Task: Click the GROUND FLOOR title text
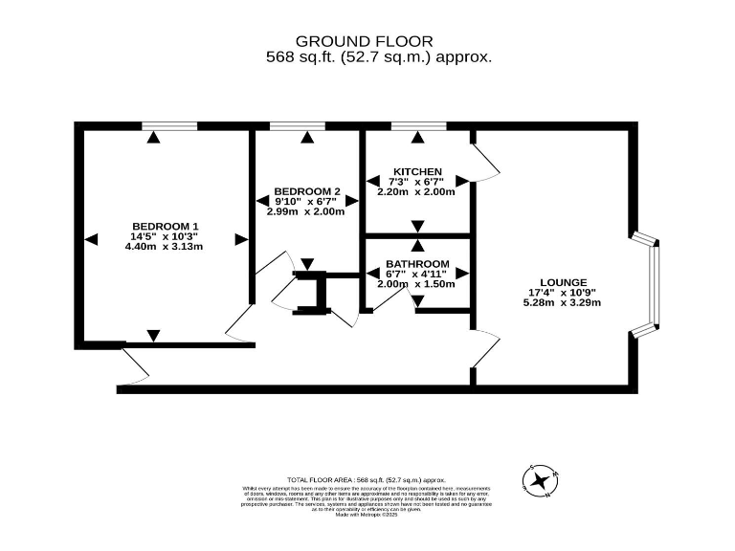tap(364, 41)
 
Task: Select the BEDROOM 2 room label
tap(306, 190)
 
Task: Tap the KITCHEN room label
tap(417, 171)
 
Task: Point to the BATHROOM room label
tap(417, 263)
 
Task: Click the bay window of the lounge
tap(652, 286)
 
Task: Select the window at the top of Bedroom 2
tap(296, 125)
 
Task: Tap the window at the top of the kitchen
tap(417, 125)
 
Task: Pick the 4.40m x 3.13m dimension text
tap(165, 247)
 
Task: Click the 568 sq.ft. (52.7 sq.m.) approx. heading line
tap(378, 57)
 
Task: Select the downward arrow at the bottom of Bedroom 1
tap(153, 335)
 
